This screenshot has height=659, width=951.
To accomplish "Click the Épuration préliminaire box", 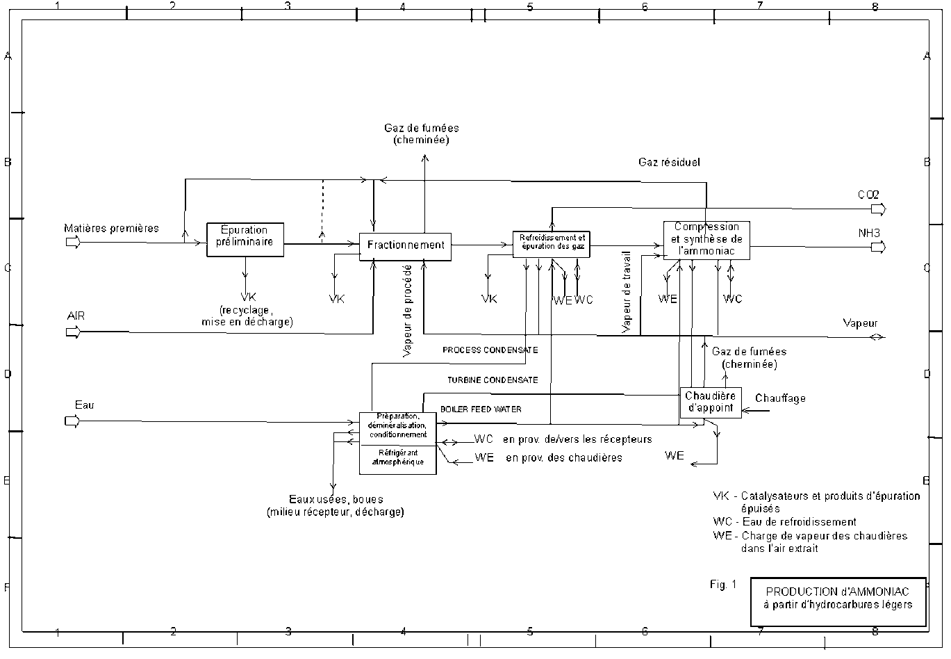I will (x=245, y=239).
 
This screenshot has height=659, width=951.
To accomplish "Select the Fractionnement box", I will (x=405, y=246).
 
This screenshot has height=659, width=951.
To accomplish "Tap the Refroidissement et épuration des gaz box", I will (x=552, y=244).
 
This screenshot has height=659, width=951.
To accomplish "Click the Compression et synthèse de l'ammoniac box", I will (x=706, y=240).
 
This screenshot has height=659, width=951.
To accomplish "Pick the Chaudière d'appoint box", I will (x=710, y=402).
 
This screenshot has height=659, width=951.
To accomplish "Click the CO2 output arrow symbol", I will (x=879, y=209).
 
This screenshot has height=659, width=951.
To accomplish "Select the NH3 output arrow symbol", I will (x=879, y=247).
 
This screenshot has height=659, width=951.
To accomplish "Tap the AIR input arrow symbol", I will (x=73, y=332).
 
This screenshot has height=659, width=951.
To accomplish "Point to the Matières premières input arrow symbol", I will (x=72, y=242).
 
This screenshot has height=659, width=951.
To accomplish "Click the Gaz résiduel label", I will (x=669, y=163).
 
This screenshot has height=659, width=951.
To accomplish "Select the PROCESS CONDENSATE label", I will (x=490, y=350).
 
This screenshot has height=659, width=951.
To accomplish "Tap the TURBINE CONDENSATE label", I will (x=492, y=380).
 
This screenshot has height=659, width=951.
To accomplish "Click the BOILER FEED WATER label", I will (x=481, y=409).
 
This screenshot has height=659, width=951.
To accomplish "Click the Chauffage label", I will (x=780, y=398).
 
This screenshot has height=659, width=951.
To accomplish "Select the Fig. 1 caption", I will (x=722, y=585).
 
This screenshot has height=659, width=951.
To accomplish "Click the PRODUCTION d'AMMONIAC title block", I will (x=837, y=598).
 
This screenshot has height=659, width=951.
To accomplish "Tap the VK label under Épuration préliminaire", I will (x=247, y=297).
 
